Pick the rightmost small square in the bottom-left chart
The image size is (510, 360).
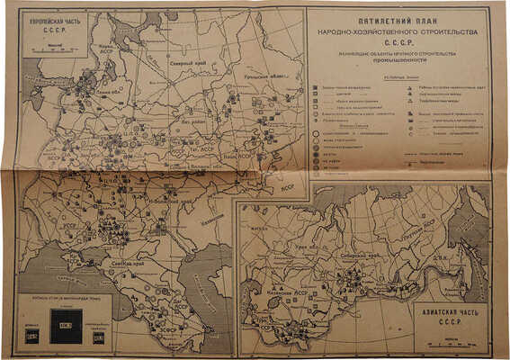99,338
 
